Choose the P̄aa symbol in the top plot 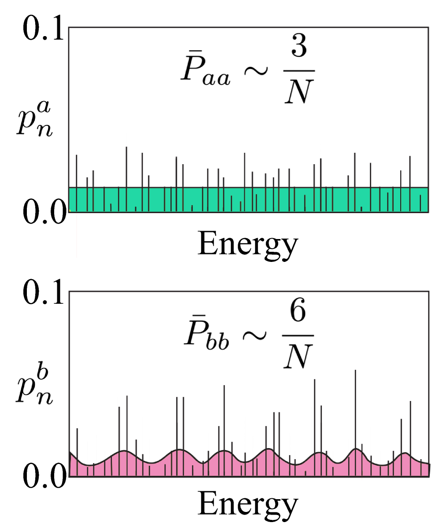(205, 75)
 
